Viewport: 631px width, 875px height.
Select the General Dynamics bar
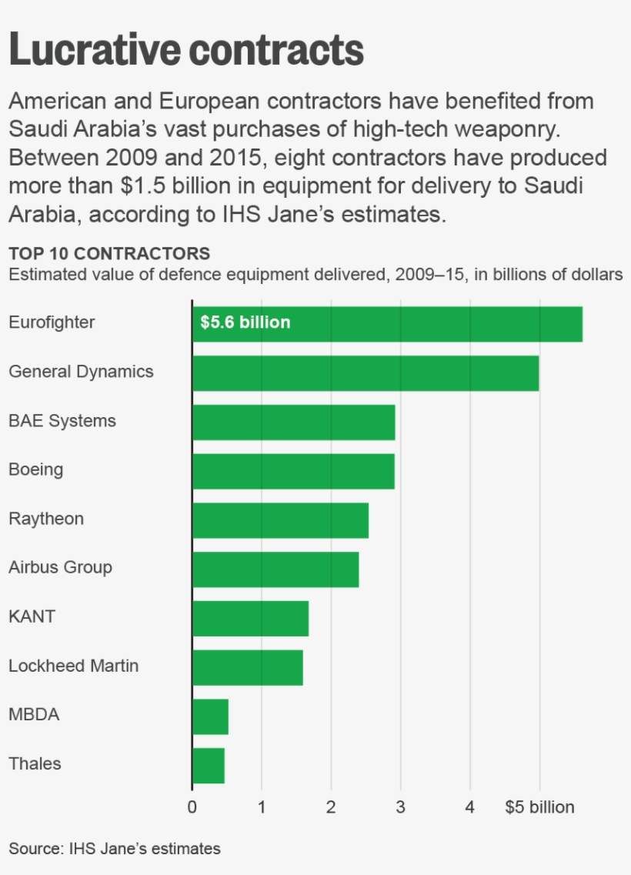click(366, 372)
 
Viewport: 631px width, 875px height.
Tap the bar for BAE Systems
click(293, 422)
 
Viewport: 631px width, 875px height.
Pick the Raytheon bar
click(280, 520)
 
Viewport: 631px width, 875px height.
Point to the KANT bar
click(250, 618)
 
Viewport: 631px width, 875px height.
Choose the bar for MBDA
click(210, 716)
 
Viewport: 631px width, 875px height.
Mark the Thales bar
click(208, 766)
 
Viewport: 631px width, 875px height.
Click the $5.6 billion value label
click(245, 322)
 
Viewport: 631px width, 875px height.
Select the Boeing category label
click(35, 469)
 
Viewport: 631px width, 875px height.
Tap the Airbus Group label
click(60, 568)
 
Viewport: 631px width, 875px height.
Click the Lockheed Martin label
click(73, 666)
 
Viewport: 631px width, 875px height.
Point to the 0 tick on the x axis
click(192, 807)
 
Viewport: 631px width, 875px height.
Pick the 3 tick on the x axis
click(400, 807)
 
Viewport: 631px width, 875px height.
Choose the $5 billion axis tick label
click(539, 807)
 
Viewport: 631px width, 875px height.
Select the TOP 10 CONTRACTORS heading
click(109, 254)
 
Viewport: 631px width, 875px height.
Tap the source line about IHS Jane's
click(115, 849)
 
